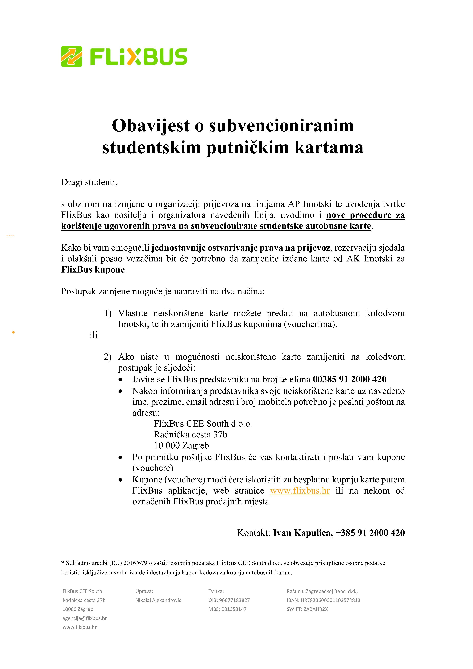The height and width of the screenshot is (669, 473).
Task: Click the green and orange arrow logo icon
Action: [x=71, y=56]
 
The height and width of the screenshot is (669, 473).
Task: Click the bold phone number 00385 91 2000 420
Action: [x=349, y=379]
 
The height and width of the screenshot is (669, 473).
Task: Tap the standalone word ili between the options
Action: [x=93, y=335]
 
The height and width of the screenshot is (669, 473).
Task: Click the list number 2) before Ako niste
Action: [x=108, y=357]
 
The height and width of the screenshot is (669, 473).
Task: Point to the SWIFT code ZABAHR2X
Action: [x=315, y=609]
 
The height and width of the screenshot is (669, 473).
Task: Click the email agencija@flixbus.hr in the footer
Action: [x=85, y=618]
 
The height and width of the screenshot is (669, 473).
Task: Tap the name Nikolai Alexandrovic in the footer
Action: [x=158, y=600]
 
